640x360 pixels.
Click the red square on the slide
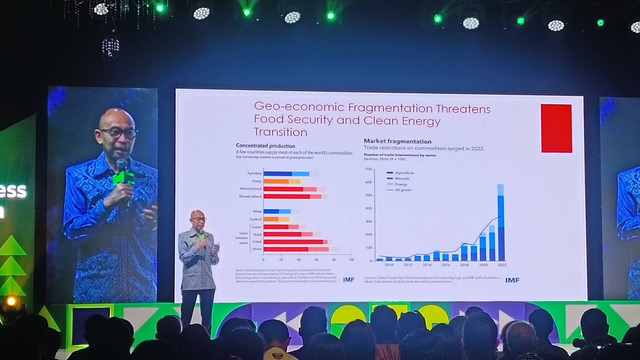click(x=555, y=128)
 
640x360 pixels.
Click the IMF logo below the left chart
click(x=348, y=279)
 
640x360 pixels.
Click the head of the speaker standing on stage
click(x=198, y=219)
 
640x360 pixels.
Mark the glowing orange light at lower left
click(x=11, y=300)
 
